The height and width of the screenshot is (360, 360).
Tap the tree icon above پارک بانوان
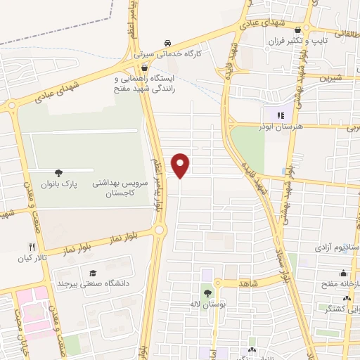point(58,172)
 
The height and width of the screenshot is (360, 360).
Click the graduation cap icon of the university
point(92,273)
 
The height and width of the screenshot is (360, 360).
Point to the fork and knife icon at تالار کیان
point(30,247)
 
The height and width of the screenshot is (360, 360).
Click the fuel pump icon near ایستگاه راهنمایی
point(144,68)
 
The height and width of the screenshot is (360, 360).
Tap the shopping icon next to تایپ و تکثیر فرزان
point(299,30)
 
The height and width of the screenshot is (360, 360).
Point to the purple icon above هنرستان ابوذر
point(280,115)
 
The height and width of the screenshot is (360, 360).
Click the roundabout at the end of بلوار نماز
point(160,229)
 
